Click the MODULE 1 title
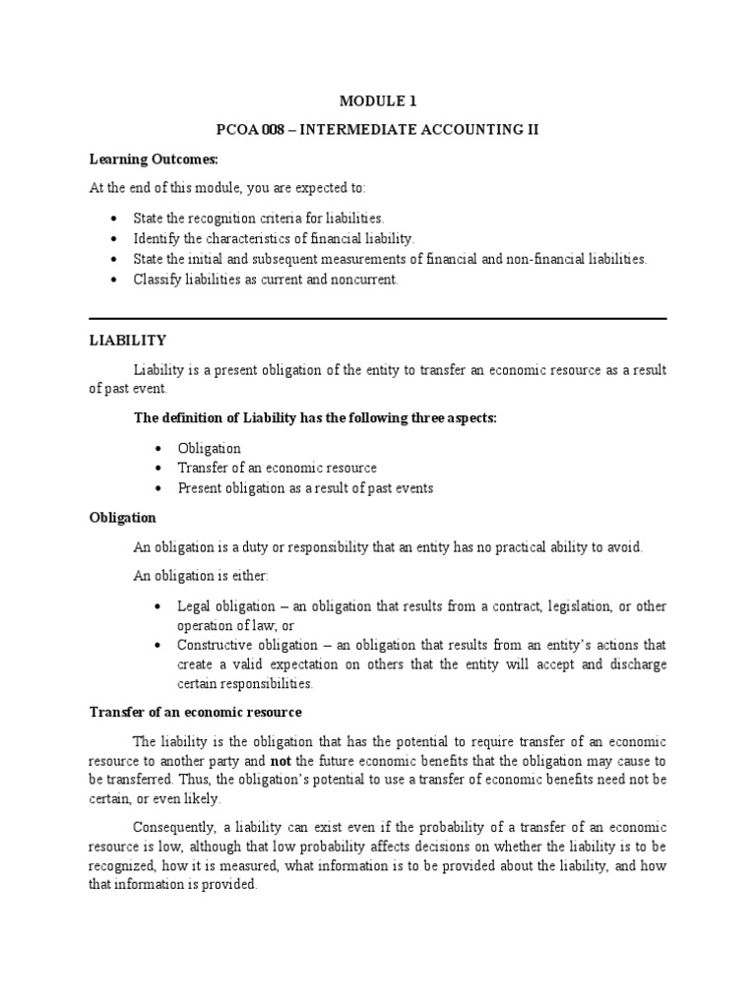coord(378,99)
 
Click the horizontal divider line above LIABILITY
coord(378,318)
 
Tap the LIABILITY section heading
coord(128,340)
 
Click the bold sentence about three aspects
coord(315,418)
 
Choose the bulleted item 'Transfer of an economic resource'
coord(277,468)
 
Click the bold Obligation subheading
coord(123,517)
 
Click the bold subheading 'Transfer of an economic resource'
coord(195,712)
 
